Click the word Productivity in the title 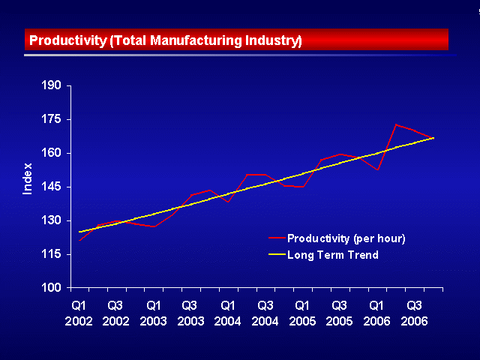[x=67, y=40]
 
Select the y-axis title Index [x=28, y=178]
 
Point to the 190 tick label [x=51, y=85]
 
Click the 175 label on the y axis [x=51, y=119]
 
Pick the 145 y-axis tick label [x=51, y=187]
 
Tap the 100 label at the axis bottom [x=51, y=288]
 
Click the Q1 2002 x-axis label [x=79, y=313]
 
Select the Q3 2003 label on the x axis [x=190, y=313]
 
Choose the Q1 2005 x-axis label [x=302, y=313]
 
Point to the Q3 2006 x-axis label [x=414, y=313]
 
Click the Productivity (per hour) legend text [x=346, y=238]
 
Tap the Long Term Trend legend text [x=333, y=255]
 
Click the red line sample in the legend [x=277, y=238]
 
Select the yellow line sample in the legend [x=277, y=254]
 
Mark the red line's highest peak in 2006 [x=396, y=124]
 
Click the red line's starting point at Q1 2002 [x=79, y=240]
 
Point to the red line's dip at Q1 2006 [x=378, y=169]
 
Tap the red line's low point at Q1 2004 [x=228, y=202]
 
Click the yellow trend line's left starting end [x=79, y=232]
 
